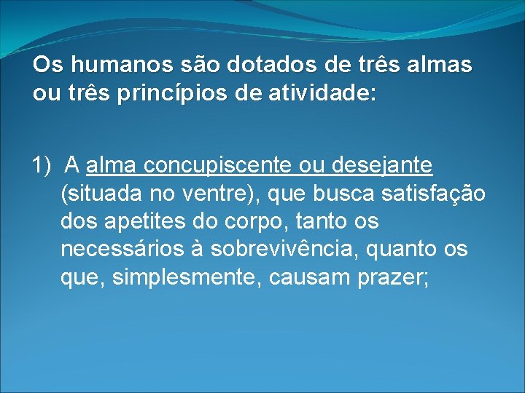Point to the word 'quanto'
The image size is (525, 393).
click(x=403, y=250)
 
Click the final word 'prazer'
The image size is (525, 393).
click(x=391, y=277)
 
